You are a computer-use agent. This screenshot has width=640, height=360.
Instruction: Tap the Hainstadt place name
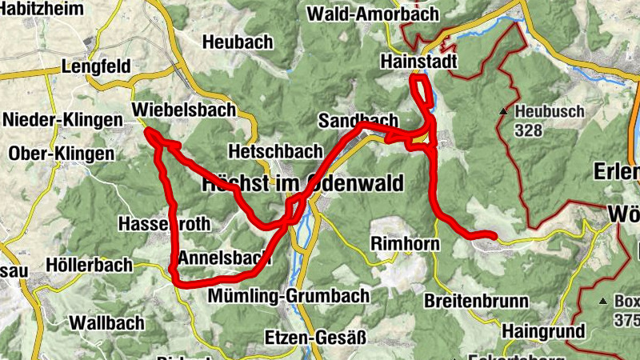[418, 62]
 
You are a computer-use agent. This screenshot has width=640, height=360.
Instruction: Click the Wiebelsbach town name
[185, 109]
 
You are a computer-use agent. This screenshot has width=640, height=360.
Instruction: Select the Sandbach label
[358, 121]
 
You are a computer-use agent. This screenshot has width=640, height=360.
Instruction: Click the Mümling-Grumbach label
[288, 296]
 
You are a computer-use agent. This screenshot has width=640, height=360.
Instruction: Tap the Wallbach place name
[107, 323]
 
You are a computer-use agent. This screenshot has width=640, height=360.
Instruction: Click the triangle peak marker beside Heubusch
[504, 112]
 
